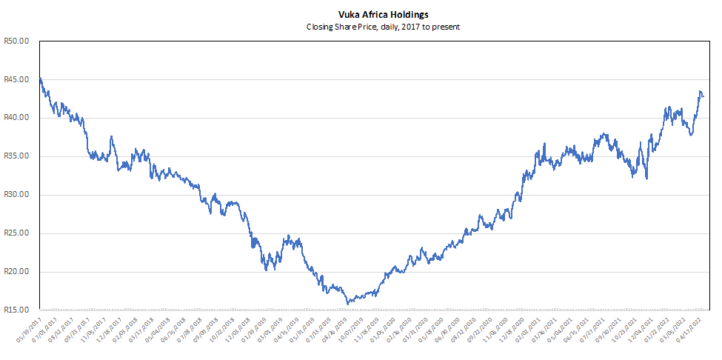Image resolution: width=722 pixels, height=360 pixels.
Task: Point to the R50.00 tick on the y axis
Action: click(x=16, y=41)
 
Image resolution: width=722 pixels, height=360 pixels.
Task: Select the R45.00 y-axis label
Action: click(x=16, y=80)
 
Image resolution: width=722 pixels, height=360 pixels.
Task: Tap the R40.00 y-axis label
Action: click(x=16, y=118)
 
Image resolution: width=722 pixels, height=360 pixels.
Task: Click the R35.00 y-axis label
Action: click(x=16, y=156)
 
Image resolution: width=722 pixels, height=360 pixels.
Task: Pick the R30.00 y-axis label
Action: click(x=16, y=195)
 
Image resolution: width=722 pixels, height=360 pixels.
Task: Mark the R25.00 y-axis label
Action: click(x=16, y=233)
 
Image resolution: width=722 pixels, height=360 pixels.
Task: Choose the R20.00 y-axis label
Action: click(x=16, y=272)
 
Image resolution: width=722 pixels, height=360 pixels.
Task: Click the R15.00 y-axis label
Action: click(x=16, y=310)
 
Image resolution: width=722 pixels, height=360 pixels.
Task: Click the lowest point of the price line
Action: click(x=348, y=304)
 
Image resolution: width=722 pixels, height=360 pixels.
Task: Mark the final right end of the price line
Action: click(x=703, y=96)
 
